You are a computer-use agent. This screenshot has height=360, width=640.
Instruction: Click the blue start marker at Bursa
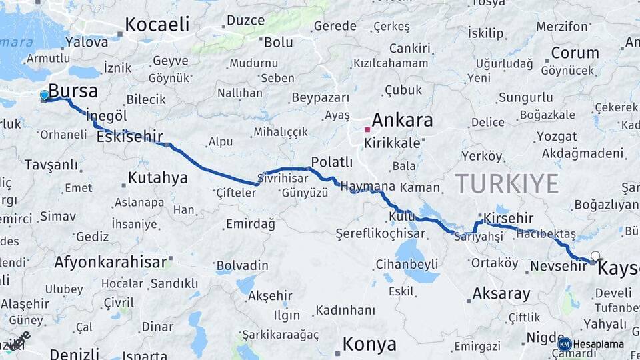point(45,95)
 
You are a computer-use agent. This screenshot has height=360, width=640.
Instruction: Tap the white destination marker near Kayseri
point(595,256)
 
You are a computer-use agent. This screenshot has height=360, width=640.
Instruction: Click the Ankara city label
point(402,121)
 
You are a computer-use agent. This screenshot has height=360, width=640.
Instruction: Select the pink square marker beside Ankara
point(367,129)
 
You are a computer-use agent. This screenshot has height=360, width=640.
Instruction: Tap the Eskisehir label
point(129,137)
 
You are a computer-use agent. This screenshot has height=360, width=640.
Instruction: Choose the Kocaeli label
point(157,25)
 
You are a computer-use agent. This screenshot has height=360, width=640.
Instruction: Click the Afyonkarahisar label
point(110,262)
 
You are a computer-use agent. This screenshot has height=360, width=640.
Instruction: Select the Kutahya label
point(157,178)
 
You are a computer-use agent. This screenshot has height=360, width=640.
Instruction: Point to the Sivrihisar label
point(283,179)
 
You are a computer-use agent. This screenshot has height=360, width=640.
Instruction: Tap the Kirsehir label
point(509,218)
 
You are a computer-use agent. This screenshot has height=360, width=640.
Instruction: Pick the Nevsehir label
point(558,266)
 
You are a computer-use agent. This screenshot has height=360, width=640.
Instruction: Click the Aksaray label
point(501,293)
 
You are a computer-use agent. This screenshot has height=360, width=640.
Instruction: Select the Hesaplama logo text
point(598,345)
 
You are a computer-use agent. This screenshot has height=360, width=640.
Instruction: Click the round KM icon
point(565,345)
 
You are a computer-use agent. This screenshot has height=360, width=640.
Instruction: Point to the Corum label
point(575,53)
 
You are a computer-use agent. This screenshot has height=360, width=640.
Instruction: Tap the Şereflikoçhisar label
point(380,234)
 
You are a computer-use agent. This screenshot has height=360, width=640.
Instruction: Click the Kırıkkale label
point(397,143)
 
